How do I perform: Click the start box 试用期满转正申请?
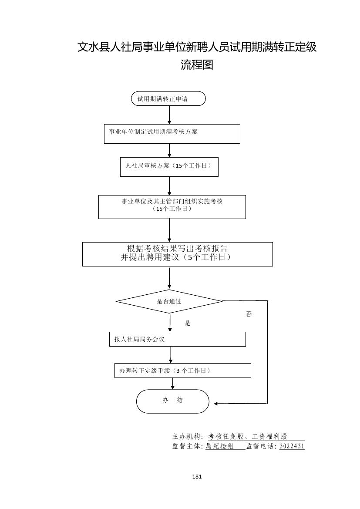click(x=168, y=99)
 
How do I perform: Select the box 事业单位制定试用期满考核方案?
click(x=172, y=134)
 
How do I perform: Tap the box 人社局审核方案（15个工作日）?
click(x=169, y=167)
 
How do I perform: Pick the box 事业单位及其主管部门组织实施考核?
click(x=172, y=207)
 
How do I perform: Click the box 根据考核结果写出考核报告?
click(x=178, y=254)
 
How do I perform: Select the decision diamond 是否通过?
click(x=169, y=301)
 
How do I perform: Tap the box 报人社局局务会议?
click(x=177, y=339)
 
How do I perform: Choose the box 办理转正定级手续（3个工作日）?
click(x=182, y=371)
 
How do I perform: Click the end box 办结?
click(x=173, y=401)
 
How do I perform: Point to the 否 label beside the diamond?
click(x=249, y=314)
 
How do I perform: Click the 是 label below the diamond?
click(x=188, y=324)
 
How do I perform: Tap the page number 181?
click(x=197, y=476)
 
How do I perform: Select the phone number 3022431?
click(x=292, y=446)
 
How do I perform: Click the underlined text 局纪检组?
click(x=219, y=446)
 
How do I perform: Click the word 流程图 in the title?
click(x=197, y=65)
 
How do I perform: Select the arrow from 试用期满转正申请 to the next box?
click(x=169, y=115)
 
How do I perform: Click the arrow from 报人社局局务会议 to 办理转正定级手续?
click(x=171, y=354)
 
